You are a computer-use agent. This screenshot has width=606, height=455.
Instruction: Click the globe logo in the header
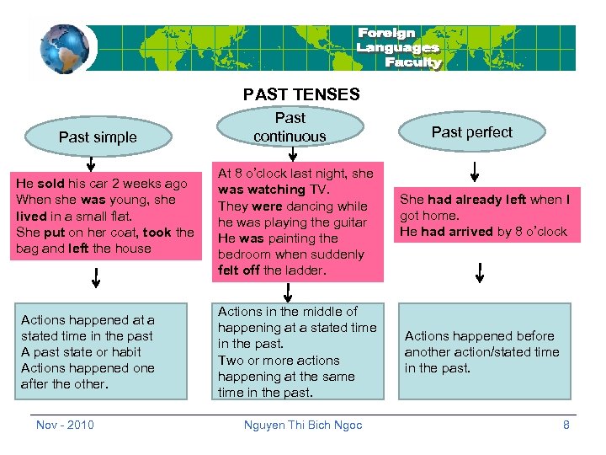click(x=63, y=48)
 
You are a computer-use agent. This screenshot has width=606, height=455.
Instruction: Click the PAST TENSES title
click(x=301, y=95)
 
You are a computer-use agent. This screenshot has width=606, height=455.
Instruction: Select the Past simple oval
click(x=98, y=136)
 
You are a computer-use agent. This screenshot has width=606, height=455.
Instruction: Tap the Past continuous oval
click(x=290, y=127)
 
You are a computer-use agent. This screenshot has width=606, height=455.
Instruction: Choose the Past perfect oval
click(x=471, y=131)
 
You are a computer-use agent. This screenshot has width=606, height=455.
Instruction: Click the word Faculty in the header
click(x=412, y=62)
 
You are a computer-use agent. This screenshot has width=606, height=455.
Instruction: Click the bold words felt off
click(x=239, y=270)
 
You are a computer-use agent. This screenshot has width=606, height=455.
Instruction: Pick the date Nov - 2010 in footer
click(x=65, y=425)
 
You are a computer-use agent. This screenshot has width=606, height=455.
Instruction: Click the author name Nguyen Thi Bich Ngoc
click(x=303, y=425)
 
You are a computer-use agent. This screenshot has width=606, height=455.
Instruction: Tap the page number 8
click(x=566, y=425)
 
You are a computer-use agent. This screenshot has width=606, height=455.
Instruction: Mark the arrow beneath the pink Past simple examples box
click(x=98, y=277)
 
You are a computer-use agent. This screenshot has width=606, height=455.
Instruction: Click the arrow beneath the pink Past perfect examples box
click(x=480, y=273)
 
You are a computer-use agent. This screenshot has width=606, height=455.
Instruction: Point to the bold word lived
click(x=32, y=216)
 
